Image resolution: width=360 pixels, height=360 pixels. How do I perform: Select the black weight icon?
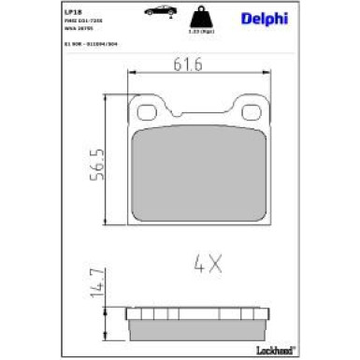[x=199, y=18]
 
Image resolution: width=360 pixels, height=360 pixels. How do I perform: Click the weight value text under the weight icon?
[x=199, y=35]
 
